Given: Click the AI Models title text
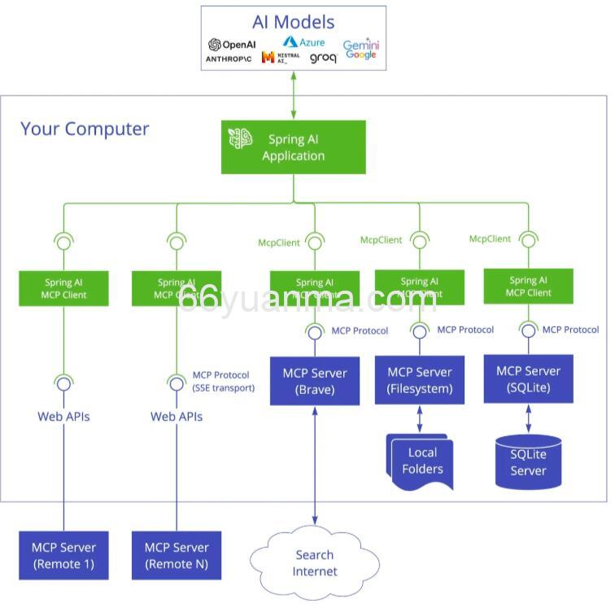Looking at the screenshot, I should coord(293,22).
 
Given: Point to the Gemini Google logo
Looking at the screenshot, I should coord(360,49).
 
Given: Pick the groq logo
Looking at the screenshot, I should coord(323,59).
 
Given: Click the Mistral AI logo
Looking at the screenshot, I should coord(280,58).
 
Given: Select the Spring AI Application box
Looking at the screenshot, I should coord(293,147).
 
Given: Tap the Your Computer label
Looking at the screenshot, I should coord(85,129).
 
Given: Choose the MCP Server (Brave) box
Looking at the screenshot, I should coord(314,381).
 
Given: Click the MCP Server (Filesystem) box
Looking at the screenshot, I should coord(419,380).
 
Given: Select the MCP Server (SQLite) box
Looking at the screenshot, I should coord(528,379).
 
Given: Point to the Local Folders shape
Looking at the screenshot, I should coord(421,462).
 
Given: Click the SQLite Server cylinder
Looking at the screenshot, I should coord(528,462).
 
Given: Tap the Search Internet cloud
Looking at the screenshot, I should coord(314,562).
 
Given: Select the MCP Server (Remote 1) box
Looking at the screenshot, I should coord(63,555).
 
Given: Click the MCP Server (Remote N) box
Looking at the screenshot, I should coord(176,555).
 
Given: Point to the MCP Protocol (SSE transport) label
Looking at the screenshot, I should coord(223,381).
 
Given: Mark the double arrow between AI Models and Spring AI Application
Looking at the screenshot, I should coord(293,95).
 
